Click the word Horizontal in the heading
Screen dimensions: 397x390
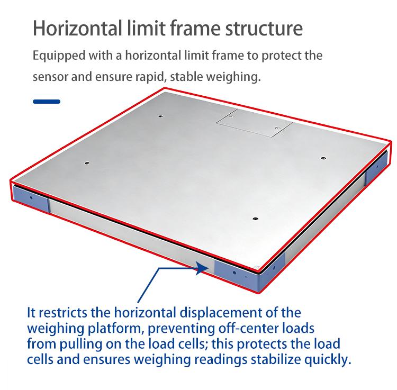click(77, 28)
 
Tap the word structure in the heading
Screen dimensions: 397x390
click(264, 29)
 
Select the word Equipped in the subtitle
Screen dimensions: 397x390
click(59, 56)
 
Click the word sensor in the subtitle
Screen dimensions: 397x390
click(50, 77)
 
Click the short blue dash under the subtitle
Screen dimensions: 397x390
click(47, 102)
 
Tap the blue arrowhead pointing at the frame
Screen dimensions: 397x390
click(202, 268)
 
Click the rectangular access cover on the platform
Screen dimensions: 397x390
click(254, 123)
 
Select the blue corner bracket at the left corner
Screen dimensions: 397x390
click(30, 197)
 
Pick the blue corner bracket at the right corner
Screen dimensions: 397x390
click(377, 168)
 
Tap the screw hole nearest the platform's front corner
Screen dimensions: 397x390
click(255, 219)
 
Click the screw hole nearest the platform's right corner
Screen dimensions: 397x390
click(323, 158)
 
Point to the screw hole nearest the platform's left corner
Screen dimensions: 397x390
click(87, 163)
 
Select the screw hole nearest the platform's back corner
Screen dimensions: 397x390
click(160, 116)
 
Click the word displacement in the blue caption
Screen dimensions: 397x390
click(221, 313)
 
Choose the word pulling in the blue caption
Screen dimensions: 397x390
click(81, 344)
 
